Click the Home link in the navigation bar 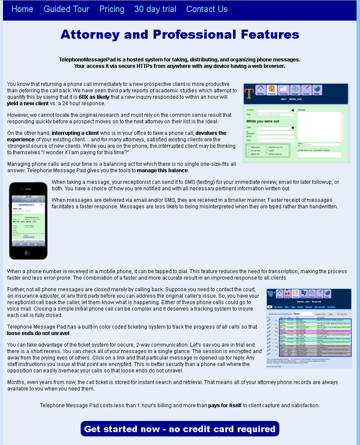[x=22, y=9]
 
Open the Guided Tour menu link [x=67, y=9]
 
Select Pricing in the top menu [x=112, y=9]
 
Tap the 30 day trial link [x=155, y=9]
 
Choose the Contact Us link [x=207, y=9]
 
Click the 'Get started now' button [x=180, y=429]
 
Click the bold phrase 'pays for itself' [x=224, y=405]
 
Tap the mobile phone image [x=28, y=221]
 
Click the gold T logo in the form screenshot [x=249, y=93]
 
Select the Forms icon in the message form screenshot [x=272, y=90]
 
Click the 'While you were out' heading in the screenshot [x=263, y=121]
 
